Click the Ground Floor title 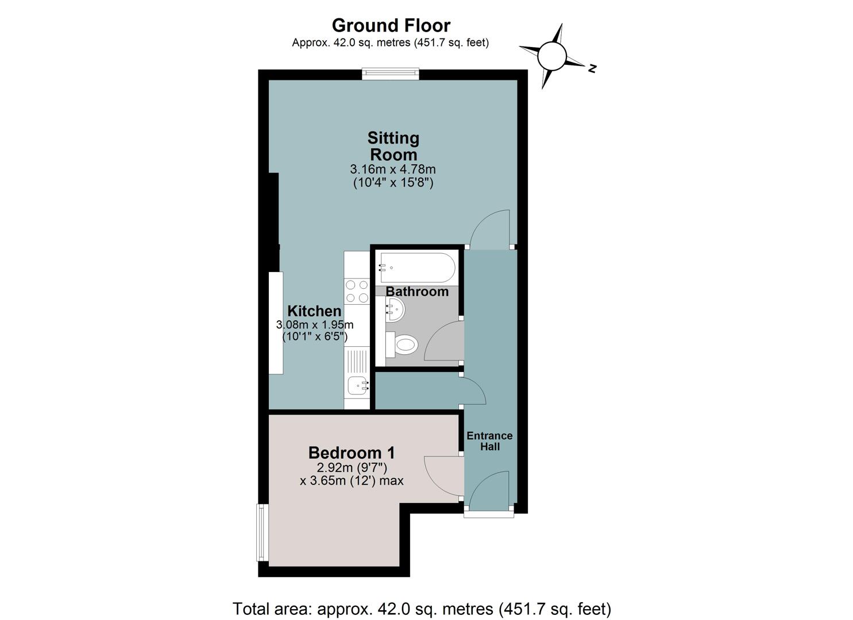click(x=391, y=25)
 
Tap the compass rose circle click(x=551, y=56)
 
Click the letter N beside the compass click(x=592, y=68)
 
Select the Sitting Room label click(x=393, y=146)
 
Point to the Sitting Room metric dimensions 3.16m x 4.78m click(x=392, y=169)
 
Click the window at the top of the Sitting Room click(x=391, y=74)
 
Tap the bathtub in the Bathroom click(x=416, y=268)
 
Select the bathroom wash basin click(x=395, y=309)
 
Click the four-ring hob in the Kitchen click(x=357, y=291)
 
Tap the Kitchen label click(x=314, y=311)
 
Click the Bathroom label click(x=417, y=292)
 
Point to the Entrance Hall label click(x=490, y=441)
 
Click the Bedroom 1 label click(x=352, y=453)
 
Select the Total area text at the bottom click(x=422, y=598)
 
